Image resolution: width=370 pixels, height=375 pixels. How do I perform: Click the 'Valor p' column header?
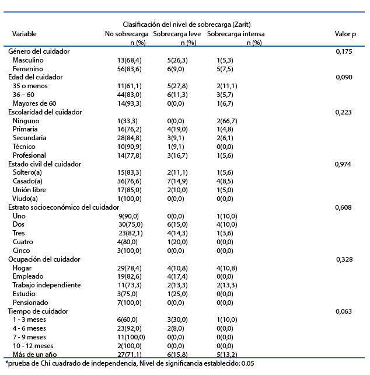coord(345,34)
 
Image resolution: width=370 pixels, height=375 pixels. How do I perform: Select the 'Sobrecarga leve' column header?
coord(177,34)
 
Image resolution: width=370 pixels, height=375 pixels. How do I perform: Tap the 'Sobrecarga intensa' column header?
coord(236,34)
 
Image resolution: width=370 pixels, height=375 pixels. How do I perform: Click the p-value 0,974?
coord(343,164)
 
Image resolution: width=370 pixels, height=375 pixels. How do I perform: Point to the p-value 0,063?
coord(344,311)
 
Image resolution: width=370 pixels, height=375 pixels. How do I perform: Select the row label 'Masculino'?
coord(28,60)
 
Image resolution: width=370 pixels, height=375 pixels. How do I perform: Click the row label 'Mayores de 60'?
coord(34,103)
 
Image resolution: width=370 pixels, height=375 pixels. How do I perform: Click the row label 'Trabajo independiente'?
coord(47,285)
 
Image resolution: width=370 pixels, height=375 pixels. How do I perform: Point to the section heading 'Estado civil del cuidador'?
coord(44,164)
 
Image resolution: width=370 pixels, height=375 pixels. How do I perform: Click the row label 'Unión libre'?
coord(29,190)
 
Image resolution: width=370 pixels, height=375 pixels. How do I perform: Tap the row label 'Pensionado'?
coord(30,303)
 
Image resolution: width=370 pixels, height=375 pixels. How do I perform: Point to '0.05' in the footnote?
coord(247,363)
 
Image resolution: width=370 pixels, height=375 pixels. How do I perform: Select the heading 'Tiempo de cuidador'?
coord(38,311)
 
